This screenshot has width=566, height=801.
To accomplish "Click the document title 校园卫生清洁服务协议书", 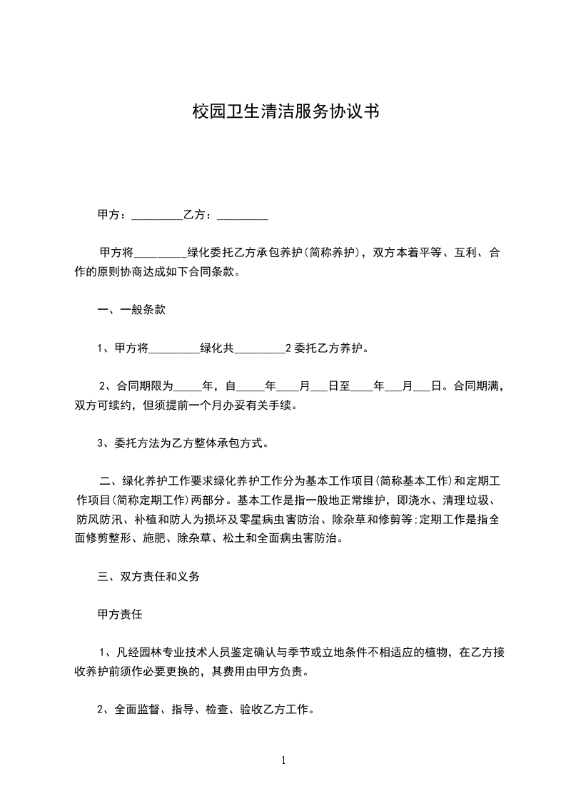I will click(284, 112).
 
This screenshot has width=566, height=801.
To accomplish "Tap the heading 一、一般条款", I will click(132, 311).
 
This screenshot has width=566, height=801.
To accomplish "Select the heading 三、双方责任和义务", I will click(148, 577).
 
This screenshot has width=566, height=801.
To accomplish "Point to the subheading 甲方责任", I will click(120, 614).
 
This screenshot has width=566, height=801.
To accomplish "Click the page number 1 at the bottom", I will click(283, 760).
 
